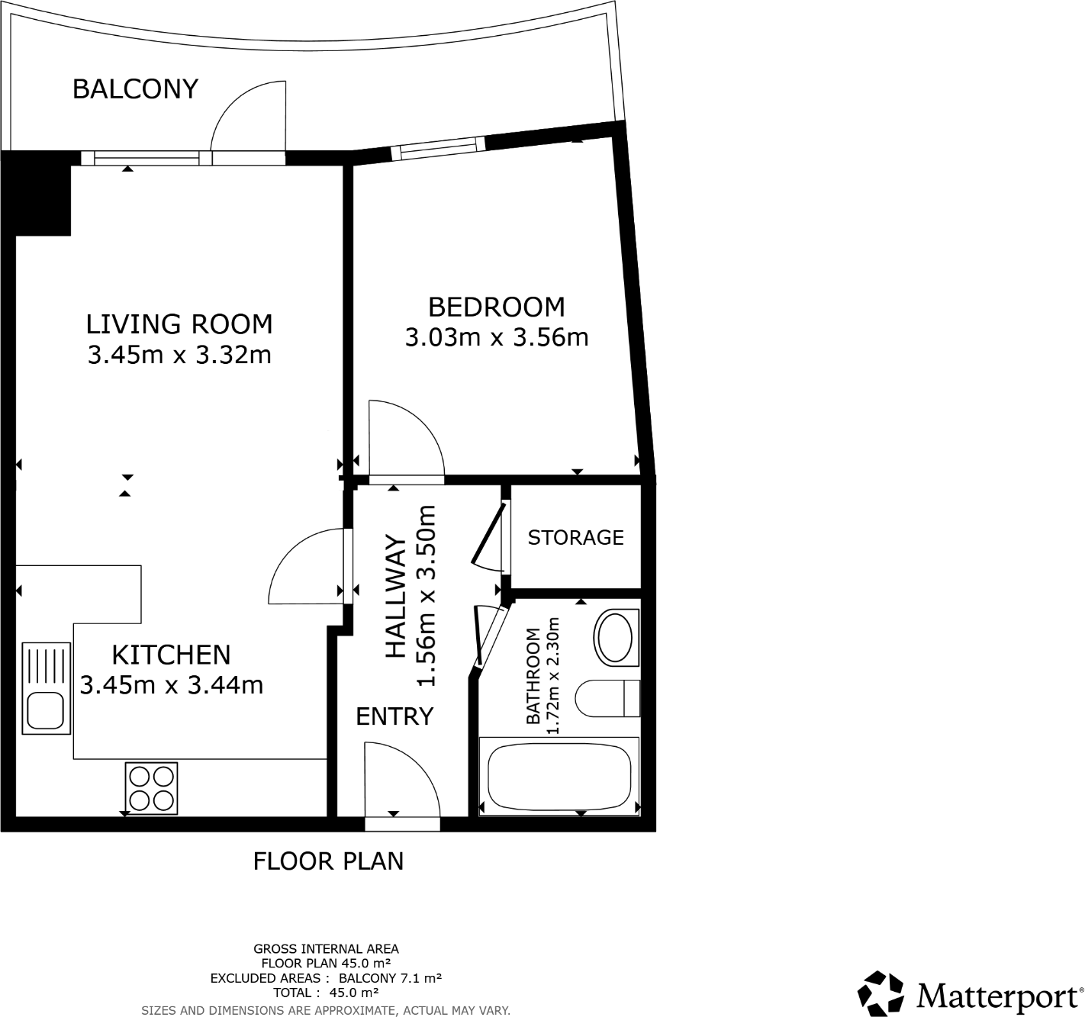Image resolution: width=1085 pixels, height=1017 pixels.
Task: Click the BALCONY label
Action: click(135, 89)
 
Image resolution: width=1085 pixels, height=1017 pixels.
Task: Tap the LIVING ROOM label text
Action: click(179, 324)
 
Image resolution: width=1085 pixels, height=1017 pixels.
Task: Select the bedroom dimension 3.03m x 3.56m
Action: click(496, 337)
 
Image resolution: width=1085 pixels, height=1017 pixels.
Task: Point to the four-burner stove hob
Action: click(151, 788)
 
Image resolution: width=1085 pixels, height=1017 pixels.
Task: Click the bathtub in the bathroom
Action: click(559, 776)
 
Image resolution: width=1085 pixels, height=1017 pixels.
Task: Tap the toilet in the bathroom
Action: click(607, 698)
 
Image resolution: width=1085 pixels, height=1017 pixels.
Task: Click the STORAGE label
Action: click(575, 538)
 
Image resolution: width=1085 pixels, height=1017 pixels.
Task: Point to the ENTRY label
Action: click(394, 716)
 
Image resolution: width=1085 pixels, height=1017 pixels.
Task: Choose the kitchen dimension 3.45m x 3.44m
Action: click(172, 685)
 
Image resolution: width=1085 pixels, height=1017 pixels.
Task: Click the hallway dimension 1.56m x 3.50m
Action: click(425, 595)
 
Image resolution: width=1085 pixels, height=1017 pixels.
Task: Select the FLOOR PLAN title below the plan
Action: click(328, 861)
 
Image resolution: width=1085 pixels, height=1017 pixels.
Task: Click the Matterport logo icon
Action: click(881, 993)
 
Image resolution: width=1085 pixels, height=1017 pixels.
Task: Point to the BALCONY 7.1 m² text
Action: click(390, 978)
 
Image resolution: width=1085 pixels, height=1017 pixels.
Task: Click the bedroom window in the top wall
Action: click(438, 148)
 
